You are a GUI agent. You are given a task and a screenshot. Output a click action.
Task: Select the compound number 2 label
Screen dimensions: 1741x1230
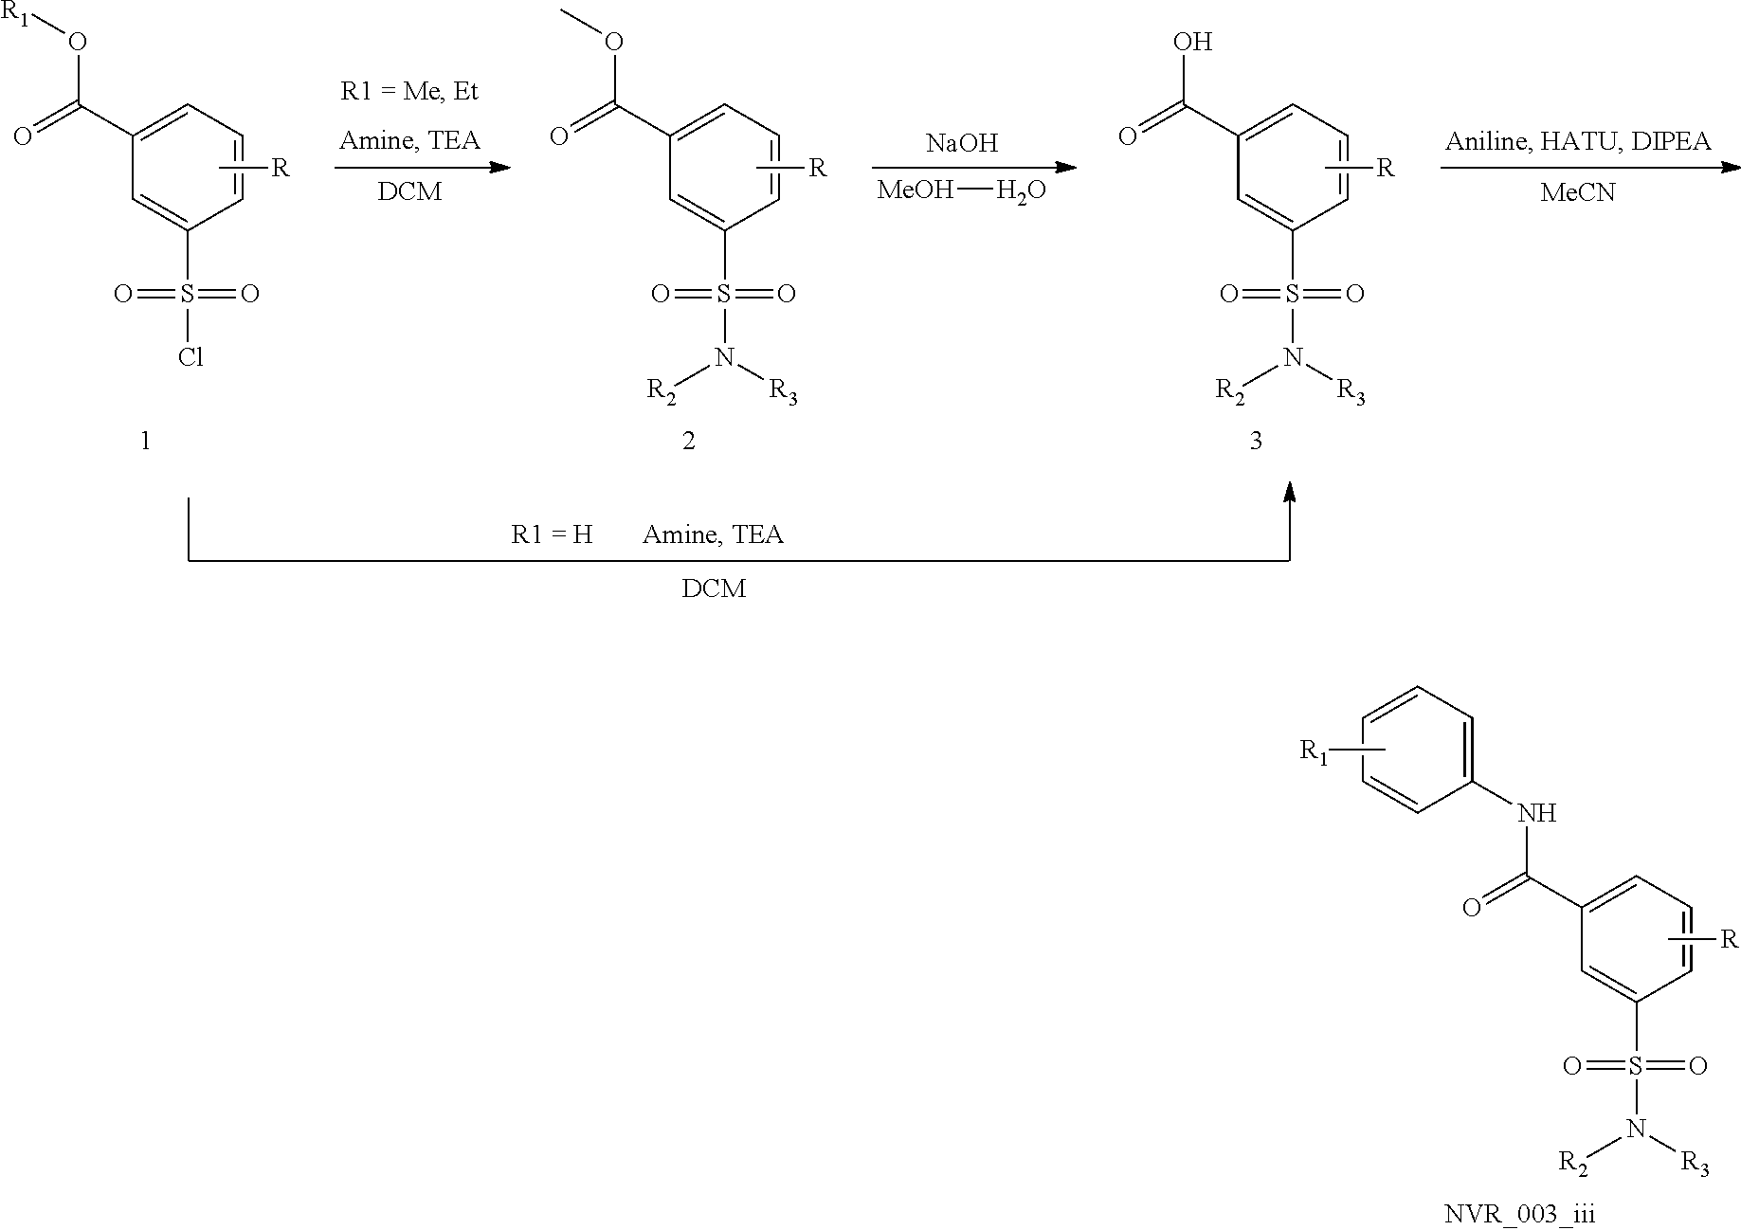coord(689,441)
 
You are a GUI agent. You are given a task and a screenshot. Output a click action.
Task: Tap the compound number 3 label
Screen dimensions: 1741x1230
coord(1256,441)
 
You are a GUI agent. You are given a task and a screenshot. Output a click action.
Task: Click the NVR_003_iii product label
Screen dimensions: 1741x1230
coord(1520,1214)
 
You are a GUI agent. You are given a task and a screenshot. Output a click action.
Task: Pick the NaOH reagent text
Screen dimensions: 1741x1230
coord(962,144)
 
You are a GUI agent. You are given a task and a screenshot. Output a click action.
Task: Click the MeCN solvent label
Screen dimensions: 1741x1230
coord(1577,192)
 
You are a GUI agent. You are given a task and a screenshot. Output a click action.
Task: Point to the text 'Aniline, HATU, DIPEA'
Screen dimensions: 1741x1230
coord(1578,141)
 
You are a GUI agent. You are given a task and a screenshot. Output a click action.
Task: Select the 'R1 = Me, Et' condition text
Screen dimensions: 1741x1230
coord(409,92)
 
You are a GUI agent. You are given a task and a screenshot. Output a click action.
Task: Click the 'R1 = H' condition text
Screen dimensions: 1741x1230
coord(552,535)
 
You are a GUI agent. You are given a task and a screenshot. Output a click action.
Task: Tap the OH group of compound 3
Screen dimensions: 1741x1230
coord(1192,42)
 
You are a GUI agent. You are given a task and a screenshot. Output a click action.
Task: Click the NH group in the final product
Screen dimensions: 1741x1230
coord(1536,813)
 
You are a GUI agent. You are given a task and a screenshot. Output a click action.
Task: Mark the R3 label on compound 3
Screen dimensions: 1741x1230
coord(1351,391)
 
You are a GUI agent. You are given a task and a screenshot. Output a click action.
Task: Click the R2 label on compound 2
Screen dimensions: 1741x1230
coord(662,391)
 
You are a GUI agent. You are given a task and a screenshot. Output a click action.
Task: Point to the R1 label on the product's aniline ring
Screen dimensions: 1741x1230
coord(1315,753)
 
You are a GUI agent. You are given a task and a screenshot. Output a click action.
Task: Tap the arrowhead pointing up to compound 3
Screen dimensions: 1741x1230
coord(1289,492)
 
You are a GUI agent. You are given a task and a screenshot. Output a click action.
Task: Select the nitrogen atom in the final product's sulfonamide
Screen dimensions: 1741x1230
coord(1634,1129)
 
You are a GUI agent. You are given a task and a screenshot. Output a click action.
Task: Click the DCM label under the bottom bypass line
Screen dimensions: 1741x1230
coord(714,588)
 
